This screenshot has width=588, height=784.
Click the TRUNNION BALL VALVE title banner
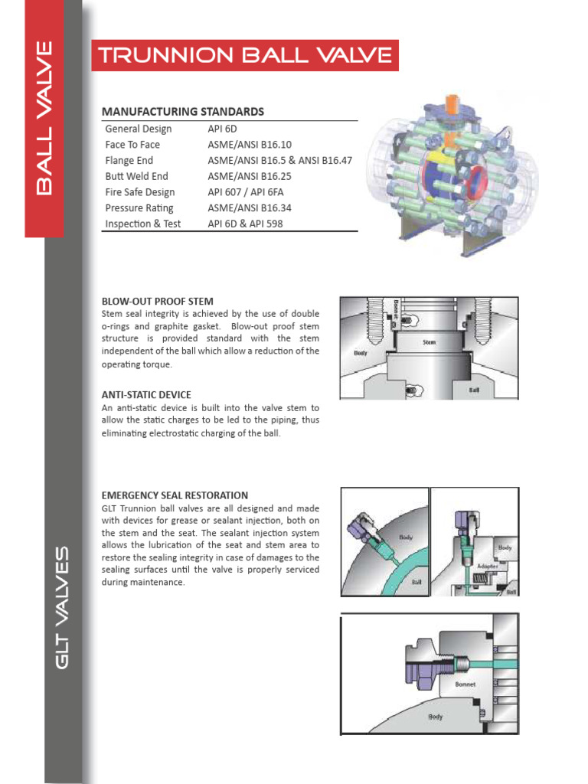pyautogui.click(x=244, y=55)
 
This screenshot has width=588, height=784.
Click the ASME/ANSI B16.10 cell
pyautogui.click(x=249, y=145)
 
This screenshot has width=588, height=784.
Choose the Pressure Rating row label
pyautogui.click(x=139, y=208)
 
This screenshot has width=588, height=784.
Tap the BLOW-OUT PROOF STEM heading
pyautogui.click(x=157, y=301)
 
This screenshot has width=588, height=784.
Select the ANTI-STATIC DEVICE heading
pyautogui.click(x=146, y=394)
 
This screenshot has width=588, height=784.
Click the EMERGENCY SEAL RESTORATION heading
pyautogui.click(x=175, y=495)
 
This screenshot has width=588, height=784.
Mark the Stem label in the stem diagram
pyautogui.click(x=429, y=342)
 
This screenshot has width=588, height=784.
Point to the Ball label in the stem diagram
pyautogui.click(x=474, y=389)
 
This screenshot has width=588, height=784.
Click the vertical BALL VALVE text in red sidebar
pyautogui.click(x=44, y=119)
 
